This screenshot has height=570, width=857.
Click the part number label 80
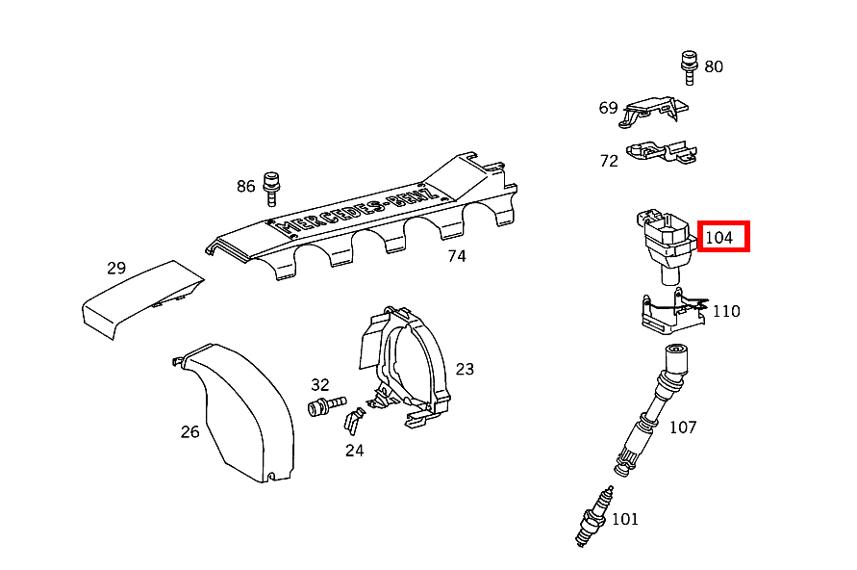pos(713,66)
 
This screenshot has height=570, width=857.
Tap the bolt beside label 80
pos(688,62)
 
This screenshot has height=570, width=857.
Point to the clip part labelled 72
pos(662,151)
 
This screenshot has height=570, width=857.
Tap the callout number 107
pos(682,427)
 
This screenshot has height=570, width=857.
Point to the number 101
pos(624,520)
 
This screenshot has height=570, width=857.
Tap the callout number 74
pos(456,256)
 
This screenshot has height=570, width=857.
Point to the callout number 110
pos(725,311)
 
